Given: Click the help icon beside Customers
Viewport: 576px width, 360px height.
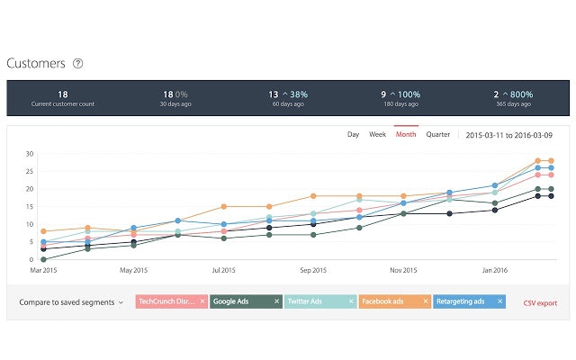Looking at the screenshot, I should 78,63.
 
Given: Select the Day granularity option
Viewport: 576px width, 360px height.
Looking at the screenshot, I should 353,134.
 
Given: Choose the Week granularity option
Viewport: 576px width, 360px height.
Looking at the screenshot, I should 378,134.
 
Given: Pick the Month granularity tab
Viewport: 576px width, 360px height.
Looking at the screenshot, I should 406,134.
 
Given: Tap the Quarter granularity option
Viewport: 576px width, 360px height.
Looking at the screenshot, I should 438,134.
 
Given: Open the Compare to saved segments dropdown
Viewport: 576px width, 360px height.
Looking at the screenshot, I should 71,302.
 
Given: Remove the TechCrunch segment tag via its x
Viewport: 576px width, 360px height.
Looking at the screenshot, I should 202,302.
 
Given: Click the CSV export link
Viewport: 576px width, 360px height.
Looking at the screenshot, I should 540,303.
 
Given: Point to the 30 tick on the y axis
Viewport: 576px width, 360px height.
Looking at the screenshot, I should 29,153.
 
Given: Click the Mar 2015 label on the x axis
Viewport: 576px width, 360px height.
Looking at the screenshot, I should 43,269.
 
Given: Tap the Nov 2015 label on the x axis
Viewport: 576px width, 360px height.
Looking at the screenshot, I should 403,269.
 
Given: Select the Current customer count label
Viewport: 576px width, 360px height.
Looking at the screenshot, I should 63,104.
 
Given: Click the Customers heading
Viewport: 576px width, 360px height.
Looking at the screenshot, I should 36,63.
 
